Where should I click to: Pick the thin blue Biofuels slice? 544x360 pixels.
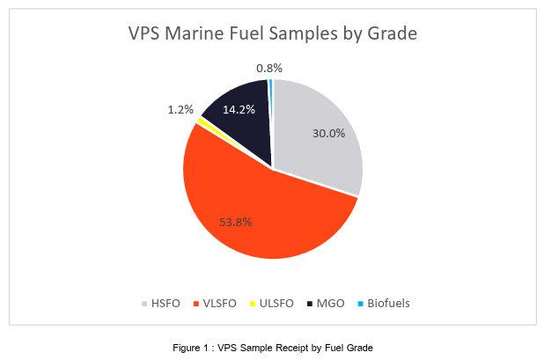[270, 86]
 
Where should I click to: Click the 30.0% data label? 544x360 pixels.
[328, 133]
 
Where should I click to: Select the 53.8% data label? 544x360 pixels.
[235, 222]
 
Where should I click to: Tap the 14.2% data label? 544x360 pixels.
[239, 110]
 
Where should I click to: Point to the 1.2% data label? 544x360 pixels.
[180, 109]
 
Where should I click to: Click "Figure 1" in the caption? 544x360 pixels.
[191, 348]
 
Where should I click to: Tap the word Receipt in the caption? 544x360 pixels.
[279, 348]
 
